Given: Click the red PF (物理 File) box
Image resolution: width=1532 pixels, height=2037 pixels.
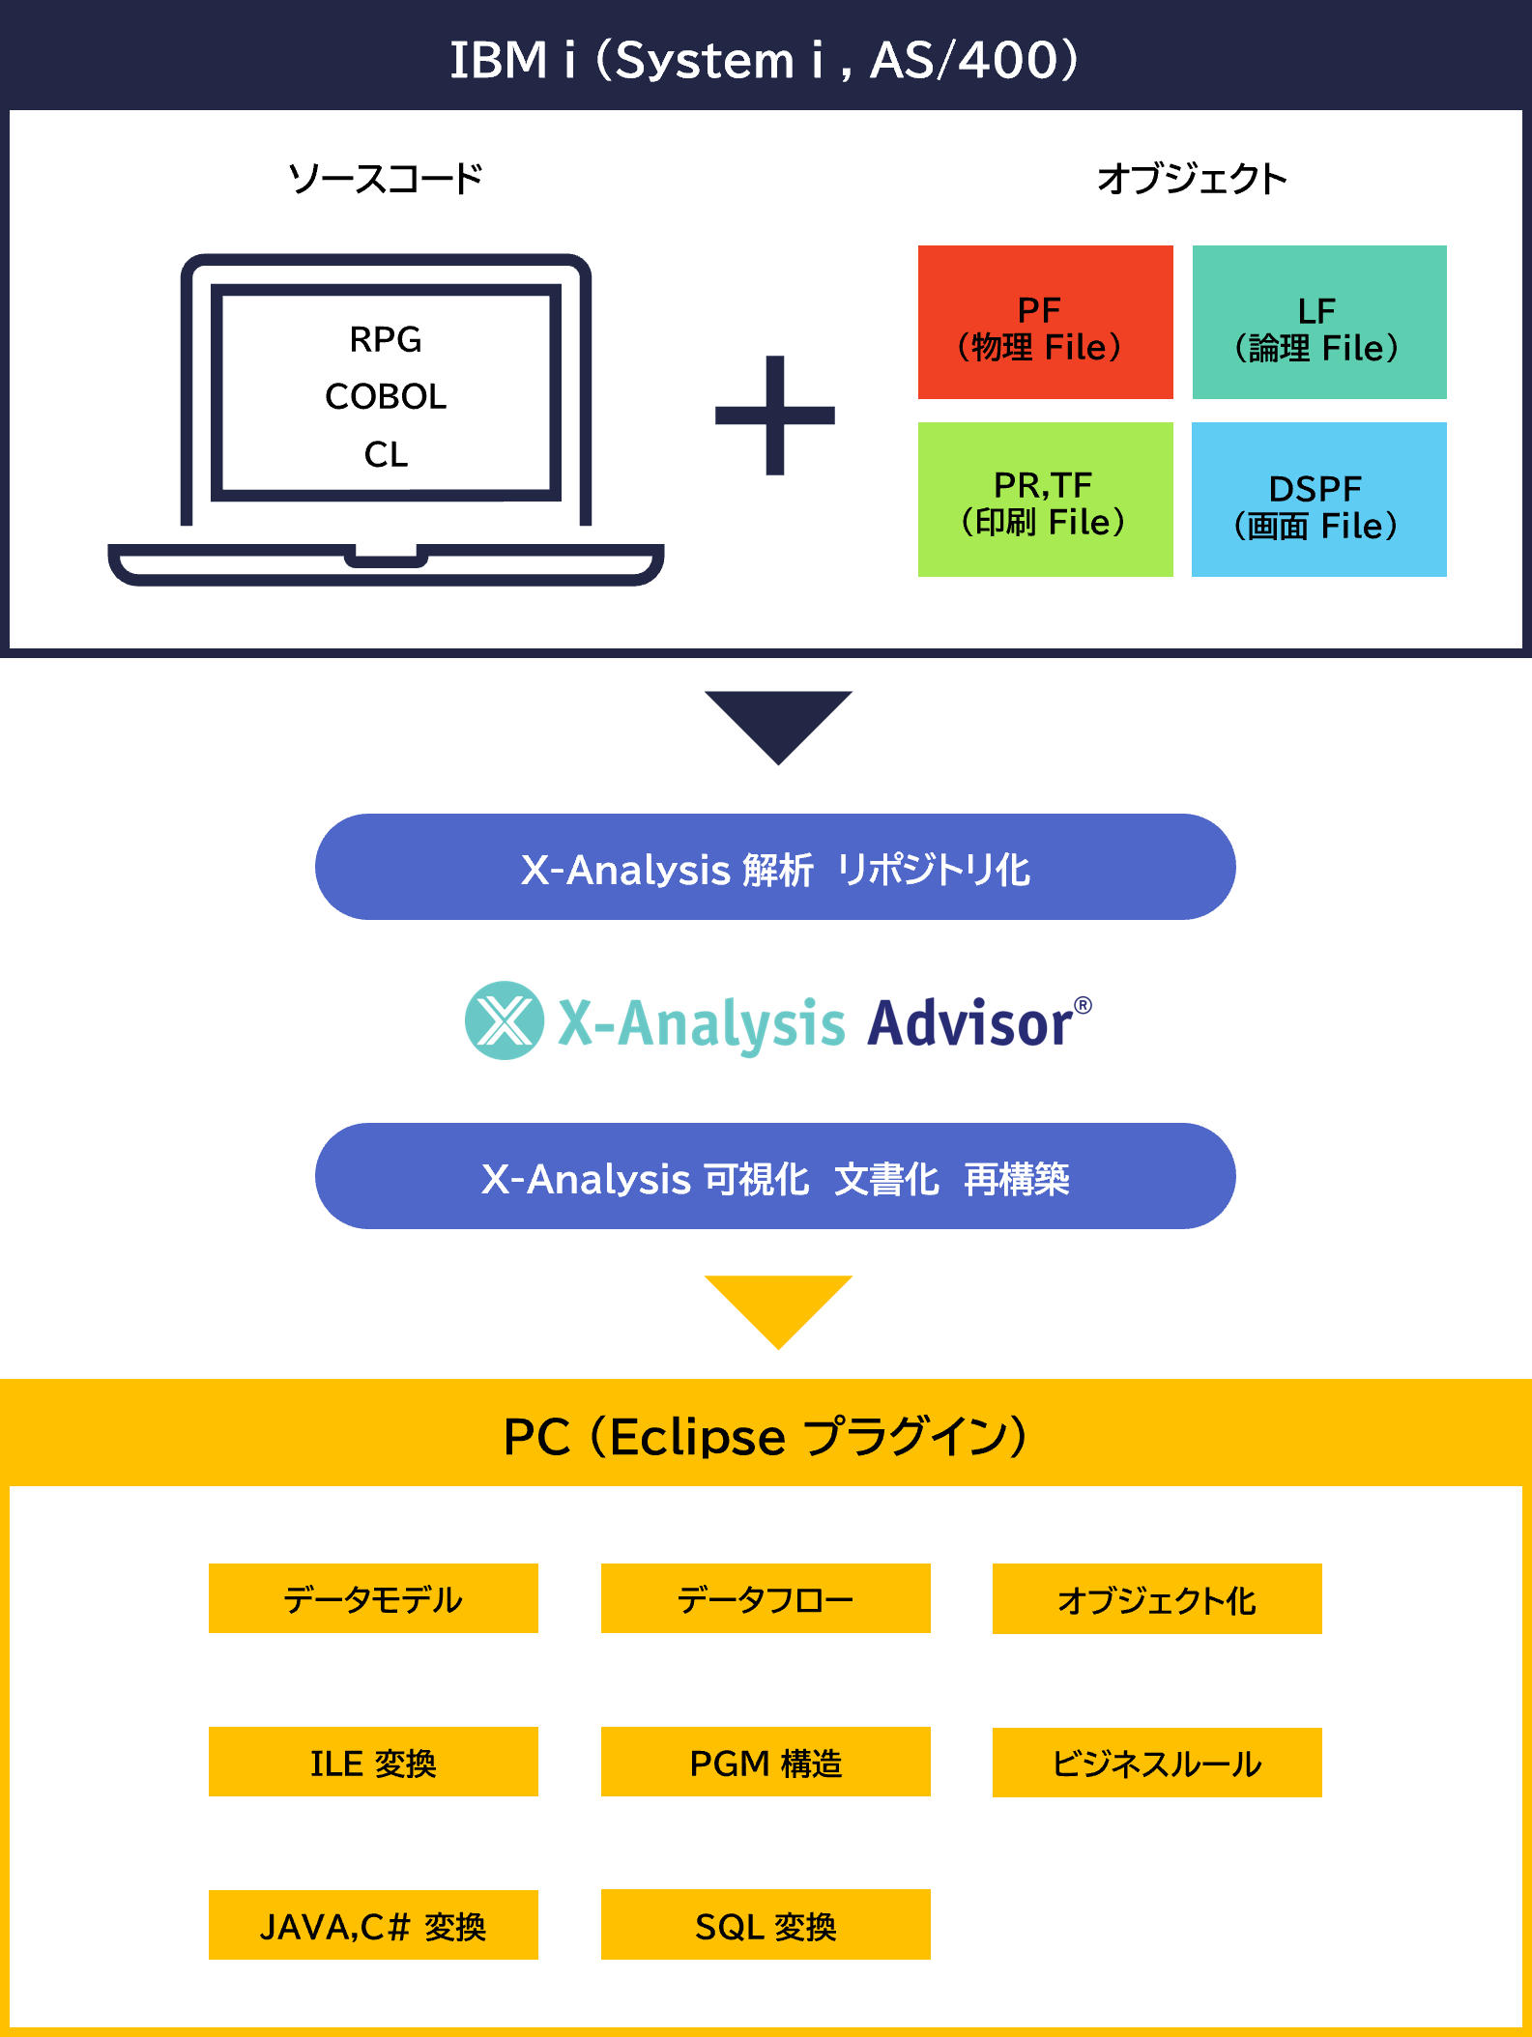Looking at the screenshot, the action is (x=1045, y=322).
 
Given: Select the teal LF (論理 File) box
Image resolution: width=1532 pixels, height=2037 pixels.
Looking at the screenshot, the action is (x=1319, y=322).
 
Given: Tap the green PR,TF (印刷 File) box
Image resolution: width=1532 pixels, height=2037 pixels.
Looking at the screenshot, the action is (x=1045, y=500).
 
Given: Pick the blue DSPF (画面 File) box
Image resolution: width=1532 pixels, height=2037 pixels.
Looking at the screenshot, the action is (x=1319, y=500).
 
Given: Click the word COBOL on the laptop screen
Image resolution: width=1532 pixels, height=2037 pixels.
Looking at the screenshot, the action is (x=386, y=396).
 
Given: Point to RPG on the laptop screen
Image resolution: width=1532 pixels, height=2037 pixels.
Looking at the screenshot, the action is (x=386, y=339).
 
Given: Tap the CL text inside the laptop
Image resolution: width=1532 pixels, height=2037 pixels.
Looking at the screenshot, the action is (x=386, y=454).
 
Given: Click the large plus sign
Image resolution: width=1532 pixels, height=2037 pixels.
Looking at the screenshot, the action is (x=775, y=416).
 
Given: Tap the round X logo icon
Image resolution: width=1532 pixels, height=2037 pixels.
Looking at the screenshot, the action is (x=505, y=1020).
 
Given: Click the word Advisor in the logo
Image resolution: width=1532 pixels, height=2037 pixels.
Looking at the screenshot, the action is (x=970, y=1023).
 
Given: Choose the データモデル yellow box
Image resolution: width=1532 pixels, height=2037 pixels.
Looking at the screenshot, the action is (x=373, y=1598).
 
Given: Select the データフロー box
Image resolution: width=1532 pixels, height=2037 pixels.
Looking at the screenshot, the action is (x=766, y=1598).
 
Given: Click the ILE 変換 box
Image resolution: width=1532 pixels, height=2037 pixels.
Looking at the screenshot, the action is (x=373, y=1762).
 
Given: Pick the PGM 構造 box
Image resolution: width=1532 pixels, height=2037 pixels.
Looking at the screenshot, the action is (x=766, y=1762).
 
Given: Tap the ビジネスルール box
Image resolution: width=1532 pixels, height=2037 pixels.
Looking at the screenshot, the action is (x=1157, y=1763).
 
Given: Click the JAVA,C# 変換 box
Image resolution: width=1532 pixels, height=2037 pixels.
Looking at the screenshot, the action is (x=373, y=1925).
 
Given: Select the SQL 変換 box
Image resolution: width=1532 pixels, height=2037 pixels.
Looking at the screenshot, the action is (x=766, y=1925).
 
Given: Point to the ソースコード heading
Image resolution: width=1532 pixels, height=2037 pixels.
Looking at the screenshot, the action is (x=386, y=179).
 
